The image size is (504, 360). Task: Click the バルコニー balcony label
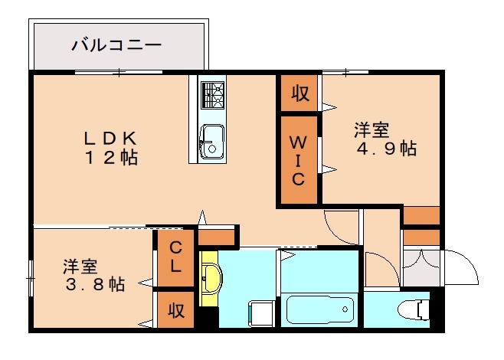pos(116,45)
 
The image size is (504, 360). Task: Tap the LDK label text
pos(110,139)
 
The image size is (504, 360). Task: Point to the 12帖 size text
pos(110,159)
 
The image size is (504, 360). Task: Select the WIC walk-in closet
pos(298,160)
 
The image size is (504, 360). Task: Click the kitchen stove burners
pos(212,95)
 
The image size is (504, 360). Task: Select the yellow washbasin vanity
pos(209,277)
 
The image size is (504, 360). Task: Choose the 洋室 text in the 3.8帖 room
pos(80,267)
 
